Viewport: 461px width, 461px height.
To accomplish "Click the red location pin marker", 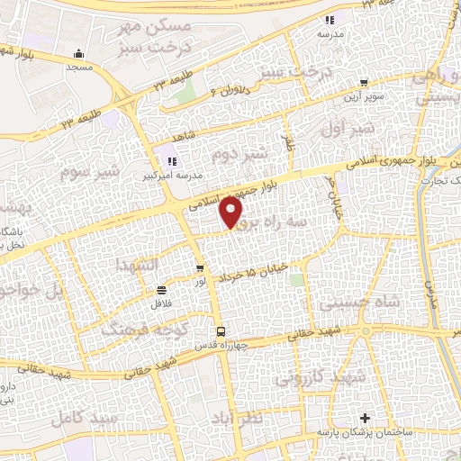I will click(x=231, y=212).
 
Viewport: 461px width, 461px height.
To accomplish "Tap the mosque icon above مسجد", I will click(x=80, y=52).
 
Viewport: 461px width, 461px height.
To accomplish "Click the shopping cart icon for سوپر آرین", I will click(x=363, y=82).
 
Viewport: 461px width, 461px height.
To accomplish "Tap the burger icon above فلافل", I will click(x=161, y=290).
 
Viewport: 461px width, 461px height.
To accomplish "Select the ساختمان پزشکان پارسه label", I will click(x=364, y=433).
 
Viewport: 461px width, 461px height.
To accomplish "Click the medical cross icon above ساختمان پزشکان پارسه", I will click(x=364, y=419).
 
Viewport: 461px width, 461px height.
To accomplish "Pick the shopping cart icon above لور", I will click(x=199, y=268).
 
